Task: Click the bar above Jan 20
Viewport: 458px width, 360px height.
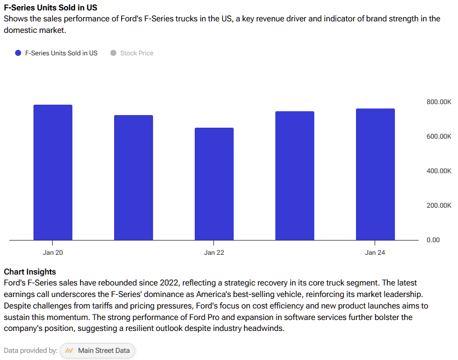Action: pos(53,172)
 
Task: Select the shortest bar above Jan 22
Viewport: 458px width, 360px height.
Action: pos(214,184)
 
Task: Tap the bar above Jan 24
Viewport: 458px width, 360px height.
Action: pos(375,174)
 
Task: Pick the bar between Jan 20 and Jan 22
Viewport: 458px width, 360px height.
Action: pos(133,178)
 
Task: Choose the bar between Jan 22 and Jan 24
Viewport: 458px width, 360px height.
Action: pos(295,175)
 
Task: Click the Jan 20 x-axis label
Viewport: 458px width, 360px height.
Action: pos(53,253)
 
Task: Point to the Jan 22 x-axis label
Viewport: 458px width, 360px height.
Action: pos(214,253)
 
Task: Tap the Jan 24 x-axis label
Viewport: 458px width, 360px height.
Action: pos(375,253)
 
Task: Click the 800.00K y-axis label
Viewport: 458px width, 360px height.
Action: pos(439,102)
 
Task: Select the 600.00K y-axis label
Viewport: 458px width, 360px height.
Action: pos(439,136)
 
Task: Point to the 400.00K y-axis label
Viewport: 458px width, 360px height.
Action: pos(439,171)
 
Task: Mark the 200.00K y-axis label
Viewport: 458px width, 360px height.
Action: pos(439,205)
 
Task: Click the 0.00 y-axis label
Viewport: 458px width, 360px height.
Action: pos(433,240)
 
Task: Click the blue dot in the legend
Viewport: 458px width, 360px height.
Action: pos(18,53)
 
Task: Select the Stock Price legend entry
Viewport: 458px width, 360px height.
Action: pos(137,53)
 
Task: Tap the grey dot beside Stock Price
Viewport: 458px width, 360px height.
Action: pos(114,53)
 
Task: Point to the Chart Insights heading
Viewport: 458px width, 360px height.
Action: pos(30,272)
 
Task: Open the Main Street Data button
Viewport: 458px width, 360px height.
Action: pos(97,351)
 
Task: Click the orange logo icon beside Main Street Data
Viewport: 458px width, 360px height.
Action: pos(70,351)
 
